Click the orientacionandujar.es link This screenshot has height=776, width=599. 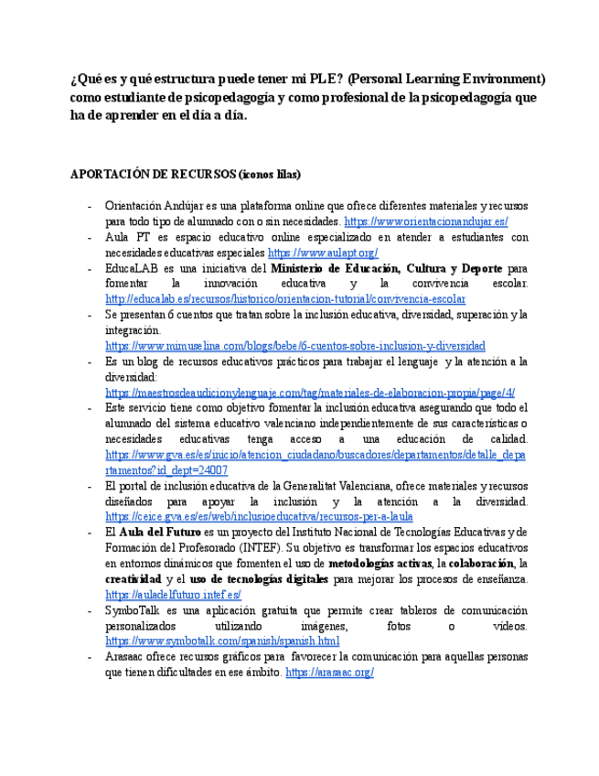point(425,222)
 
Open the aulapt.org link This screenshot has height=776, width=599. point(323,253)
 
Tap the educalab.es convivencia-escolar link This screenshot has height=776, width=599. point(285,299)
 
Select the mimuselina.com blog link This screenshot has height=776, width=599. point(295,346)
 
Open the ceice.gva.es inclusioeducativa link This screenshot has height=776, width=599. point(259,517)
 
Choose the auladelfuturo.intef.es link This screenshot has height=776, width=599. point(173,595)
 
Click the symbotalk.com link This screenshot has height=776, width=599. point(222,641)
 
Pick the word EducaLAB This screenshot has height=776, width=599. point(133,269)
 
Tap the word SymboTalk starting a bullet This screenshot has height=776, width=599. point(131,610)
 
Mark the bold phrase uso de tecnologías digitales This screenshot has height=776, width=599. point(258,579)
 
